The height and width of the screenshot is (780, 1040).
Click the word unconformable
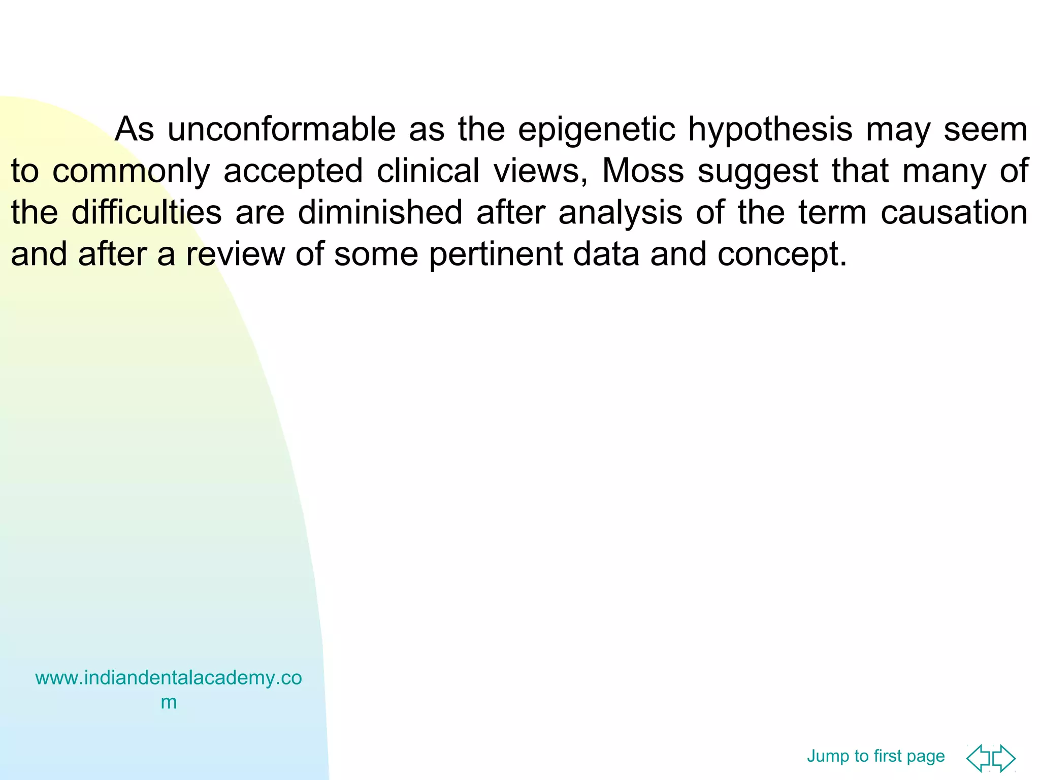click(281, 129)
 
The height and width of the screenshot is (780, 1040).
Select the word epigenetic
click(596, 131)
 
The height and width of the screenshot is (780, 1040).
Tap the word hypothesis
click(770, 131)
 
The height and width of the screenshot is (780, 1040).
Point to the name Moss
click(642, 171)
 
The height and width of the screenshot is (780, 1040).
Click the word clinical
click(428, 171)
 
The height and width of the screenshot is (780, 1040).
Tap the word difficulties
click(146, 212)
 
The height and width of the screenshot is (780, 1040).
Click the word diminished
click(380, 212)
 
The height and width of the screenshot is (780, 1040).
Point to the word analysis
click(620, 213)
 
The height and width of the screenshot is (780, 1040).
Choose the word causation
click(954, 212)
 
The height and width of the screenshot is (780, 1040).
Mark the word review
click(235, 254)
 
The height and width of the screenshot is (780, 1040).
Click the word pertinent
click(495, 255)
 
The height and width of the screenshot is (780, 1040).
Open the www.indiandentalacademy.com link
click(168, 678)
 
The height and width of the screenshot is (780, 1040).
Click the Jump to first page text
click(875, 756)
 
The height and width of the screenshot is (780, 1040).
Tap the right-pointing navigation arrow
click(1003, 758)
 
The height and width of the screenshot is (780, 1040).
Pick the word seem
click(985, 129)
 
